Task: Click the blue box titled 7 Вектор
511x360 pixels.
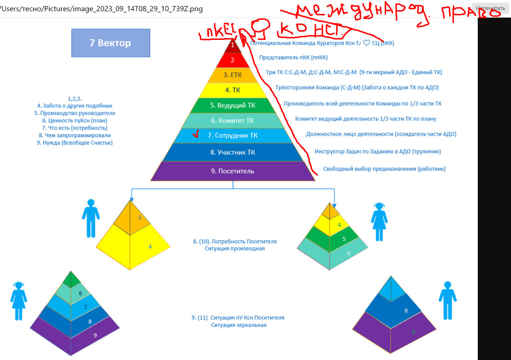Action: [111, 43]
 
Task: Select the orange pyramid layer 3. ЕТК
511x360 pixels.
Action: [232, 75]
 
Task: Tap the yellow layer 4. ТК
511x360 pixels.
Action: [233, 90]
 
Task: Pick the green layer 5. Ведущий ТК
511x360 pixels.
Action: [232, 105]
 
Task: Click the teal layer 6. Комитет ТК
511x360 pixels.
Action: [232, 121]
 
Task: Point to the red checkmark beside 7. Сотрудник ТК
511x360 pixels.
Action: [195, 134]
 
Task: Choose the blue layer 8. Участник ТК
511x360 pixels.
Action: [232, 152]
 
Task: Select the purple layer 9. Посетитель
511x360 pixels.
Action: [232, 171]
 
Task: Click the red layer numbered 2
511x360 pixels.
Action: [233, 60]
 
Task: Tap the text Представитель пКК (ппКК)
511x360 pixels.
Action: [293, 58]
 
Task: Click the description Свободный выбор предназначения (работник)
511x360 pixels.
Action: [384, 169]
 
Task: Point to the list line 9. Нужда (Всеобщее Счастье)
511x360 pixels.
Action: [74, 143]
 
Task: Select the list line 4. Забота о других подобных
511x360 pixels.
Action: [74, 106]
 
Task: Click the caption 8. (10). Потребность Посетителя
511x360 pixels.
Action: [235, 242]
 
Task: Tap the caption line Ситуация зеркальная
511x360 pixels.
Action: [238, 325]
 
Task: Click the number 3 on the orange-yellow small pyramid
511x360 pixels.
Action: [140, 217]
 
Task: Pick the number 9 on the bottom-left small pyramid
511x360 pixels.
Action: [95, 335]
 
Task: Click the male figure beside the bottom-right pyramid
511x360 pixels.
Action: [447, 300]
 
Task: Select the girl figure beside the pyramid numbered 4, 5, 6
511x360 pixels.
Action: [379, 221]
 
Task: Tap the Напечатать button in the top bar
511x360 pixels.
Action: [490, 8]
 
